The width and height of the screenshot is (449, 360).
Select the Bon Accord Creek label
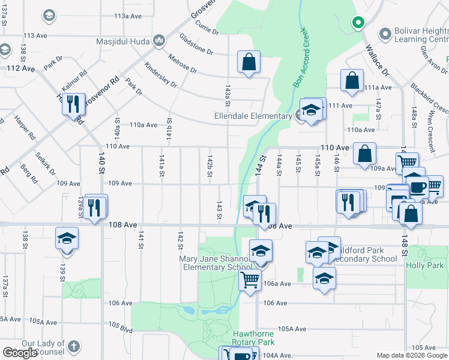[300, 58]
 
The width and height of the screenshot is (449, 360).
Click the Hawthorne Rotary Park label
[253, 337]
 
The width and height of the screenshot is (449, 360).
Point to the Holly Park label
[424, 265]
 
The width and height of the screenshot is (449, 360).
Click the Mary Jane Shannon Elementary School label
[216, 263]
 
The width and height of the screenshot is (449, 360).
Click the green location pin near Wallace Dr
[358, 23]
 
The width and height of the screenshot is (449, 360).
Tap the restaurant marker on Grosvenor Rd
[73, 104]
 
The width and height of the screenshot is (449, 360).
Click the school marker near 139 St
[67, 238]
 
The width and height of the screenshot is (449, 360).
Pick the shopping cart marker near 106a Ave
[250, 279]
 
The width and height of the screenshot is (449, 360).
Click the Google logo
[20, 353]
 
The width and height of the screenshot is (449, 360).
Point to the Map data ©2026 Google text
[412, 355]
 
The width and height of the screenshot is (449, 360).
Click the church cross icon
[73, 347]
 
